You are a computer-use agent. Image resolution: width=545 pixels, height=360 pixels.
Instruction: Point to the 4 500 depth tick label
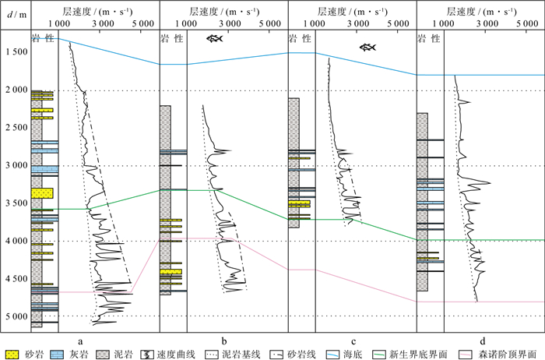[x=13, y=280]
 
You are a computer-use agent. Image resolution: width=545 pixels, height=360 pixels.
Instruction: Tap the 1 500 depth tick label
[x=13, y=53]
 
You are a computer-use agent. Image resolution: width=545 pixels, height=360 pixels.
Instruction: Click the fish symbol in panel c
[x=367, y=48]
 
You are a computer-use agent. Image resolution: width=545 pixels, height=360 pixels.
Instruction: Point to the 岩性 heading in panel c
[x=300, y=39]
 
